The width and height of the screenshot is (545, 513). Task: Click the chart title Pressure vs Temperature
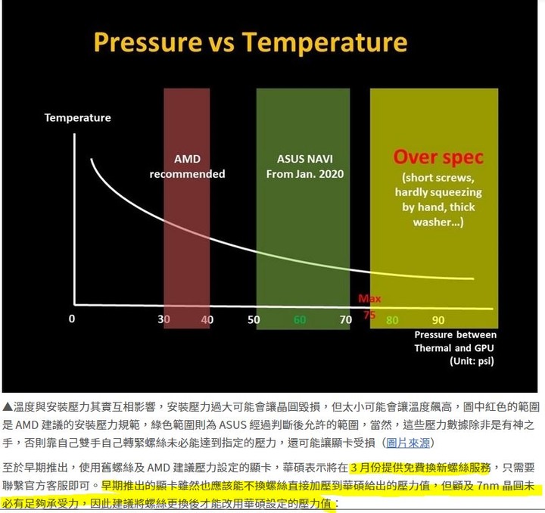click(251, 42)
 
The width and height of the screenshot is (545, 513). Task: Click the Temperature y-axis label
click(77, 118)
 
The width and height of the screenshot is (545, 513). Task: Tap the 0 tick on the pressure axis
click(72, 319)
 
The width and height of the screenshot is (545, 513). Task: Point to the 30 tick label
click(163, 319)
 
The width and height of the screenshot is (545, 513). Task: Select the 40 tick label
click(207, 319)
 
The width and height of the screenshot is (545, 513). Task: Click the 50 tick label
click(254, 319)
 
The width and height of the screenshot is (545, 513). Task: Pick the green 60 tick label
click(300, 319)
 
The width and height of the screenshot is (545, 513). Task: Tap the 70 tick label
click(346, 319)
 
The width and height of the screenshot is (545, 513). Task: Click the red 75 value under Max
click(369, 315)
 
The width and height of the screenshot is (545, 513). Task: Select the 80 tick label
click(392, 320)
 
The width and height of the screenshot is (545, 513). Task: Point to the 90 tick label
click(438, 320)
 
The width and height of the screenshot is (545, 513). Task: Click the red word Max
click(369, 299)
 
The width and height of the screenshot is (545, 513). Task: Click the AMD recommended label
click(188, 166)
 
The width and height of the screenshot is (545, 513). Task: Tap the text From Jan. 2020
click(305, 174)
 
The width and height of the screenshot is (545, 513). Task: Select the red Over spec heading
click(438, 157)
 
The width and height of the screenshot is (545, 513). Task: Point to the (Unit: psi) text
click(472, 361)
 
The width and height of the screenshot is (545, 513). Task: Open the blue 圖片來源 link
click(408, 443)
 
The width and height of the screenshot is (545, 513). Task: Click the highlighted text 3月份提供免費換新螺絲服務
click(420, 468)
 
